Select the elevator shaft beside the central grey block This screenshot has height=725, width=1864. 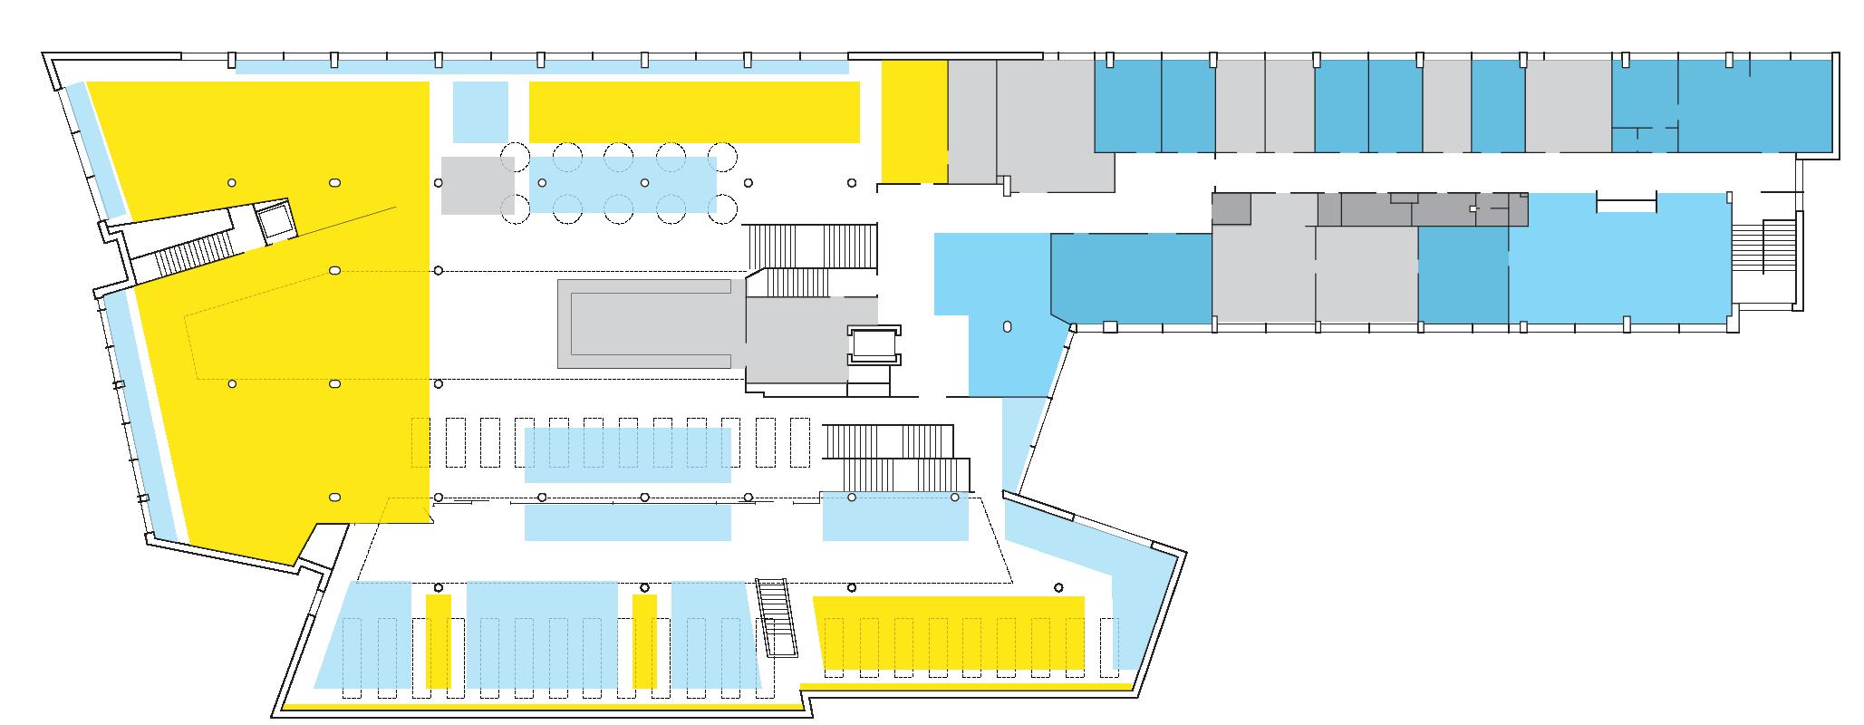click(871, 344)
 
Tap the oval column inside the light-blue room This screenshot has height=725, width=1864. click(1007, 327)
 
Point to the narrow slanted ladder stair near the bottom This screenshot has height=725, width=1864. click(778, 618)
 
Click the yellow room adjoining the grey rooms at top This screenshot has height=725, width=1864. click(914, 121)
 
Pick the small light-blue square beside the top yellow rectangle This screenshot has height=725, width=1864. click(479, 111)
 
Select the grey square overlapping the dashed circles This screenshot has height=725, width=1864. click(477, 185)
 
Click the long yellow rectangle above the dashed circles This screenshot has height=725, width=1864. click(693, 111)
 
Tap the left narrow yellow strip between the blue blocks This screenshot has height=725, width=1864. click(439, 641)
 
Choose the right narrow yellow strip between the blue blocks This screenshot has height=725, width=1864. click(644, 641)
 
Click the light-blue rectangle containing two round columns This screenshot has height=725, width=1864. click(895, 516)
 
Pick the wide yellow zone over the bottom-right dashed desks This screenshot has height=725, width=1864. click(950, 632)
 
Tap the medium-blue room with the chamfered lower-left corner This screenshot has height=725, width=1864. click(1131, 276)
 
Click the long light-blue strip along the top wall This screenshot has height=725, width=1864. click(541, 66)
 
